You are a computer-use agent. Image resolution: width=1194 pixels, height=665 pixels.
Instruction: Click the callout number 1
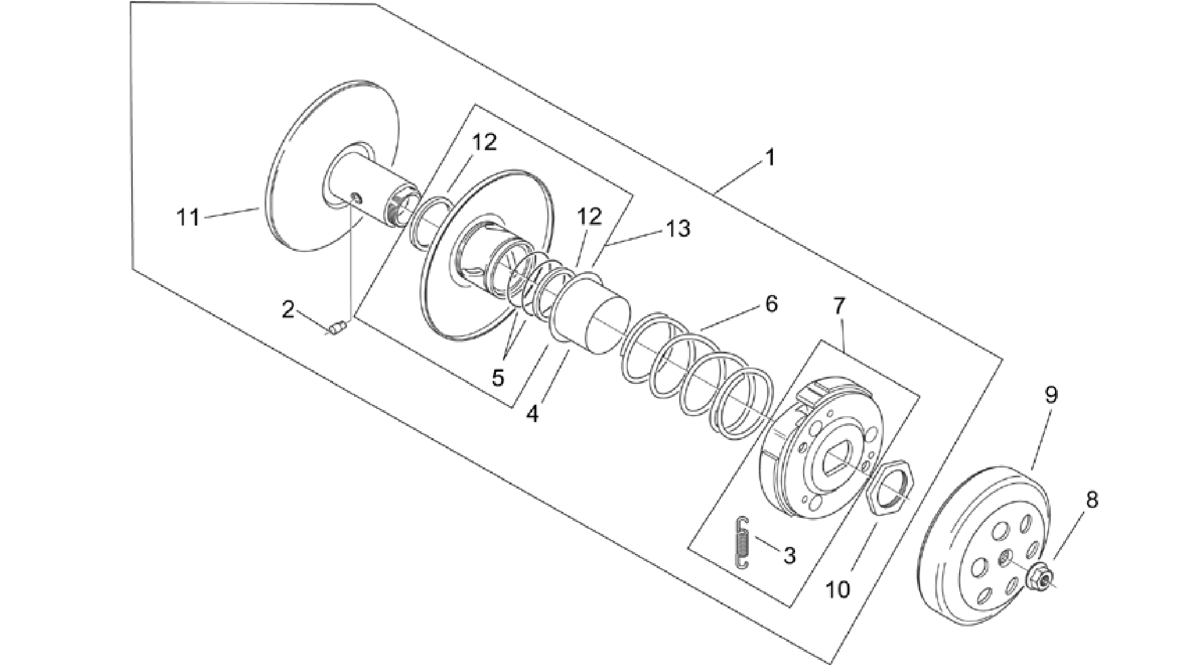pyautogui.click(x=770, y=158)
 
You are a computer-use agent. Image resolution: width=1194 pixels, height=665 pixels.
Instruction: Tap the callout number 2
pyautogui.click(x=288, y=310)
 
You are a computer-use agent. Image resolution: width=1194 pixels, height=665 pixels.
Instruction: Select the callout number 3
pyautogui.click(x=789, y=555)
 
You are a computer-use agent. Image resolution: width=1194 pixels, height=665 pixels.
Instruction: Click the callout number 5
pyautogui.click(x=498, y=377)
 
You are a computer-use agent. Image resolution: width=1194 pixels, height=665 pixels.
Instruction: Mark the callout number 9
pyautogui.click(x=1051, y=396)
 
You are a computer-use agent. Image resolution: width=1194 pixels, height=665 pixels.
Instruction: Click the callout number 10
pyautogui.click(x=838, y=590)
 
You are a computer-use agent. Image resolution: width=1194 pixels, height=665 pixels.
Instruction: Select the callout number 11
pyautogui.click(x=188, y=218)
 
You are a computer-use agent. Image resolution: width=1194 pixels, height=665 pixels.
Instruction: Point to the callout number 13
pyautogui.click(x=678, y=228)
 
